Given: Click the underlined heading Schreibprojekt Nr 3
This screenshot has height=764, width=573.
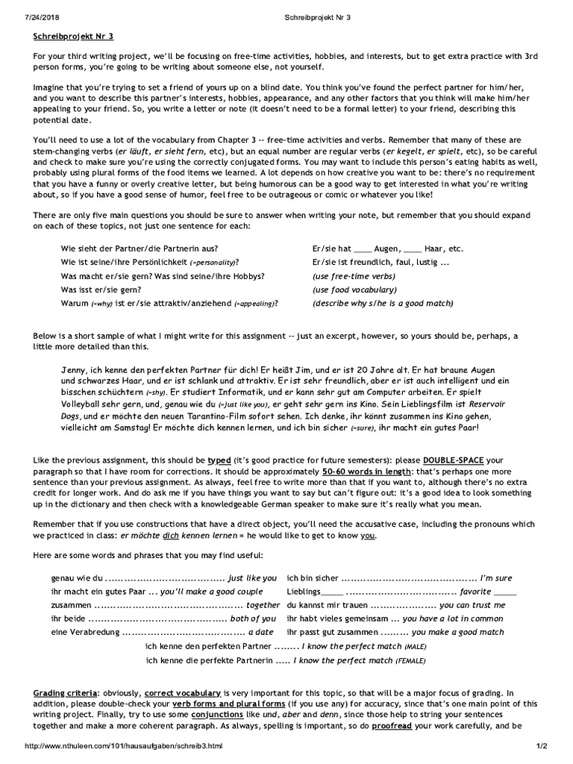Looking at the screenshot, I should pyautogui.click(x=73, y=35).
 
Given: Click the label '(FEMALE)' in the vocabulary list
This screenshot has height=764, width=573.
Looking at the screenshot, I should pyautogui.click(x=411, y=660).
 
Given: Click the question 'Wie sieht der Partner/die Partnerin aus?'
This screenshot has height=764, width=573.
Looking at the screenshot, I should pyautogui.click(x=140, y=248).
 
